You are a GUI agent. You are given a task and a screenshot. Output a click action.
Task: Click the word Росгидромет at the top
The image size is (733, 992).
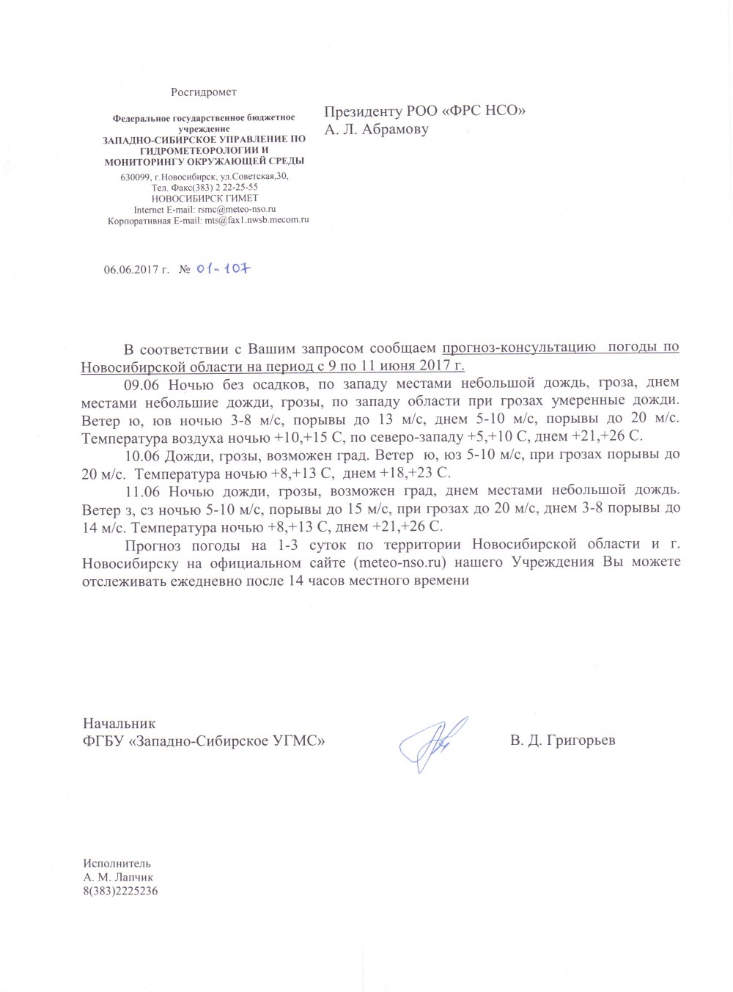tap(204, 92)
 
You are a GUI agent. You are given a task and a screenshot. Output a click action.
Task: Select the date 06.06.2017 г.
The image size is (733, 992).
tap(136, 270)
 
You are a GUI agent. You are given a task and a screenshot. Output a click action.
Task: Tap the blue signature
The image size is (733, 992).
tap(433, 741)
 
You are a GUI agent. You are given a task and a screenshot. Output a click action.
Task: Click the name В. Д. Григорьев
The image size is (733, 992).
tap(563, 740)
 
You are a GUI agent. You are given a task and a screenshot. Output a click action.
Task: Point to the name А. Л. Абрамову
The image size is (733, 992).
tap(377, 129)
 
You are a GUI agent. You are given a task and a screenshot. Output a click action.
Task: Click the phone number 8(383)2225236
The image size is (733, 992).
tap(121, 891)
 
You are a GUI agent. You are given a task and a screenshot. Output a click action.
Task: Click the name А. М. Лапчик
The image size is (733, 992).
tap(119, 877)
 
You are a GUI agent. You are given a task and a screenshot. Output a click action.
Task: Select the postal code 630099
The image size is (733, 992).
tap(136, 177)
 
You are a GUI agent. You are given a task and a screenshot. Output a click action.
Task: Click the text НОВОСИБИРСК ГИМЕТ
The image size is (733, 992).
tap(205, 198)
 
